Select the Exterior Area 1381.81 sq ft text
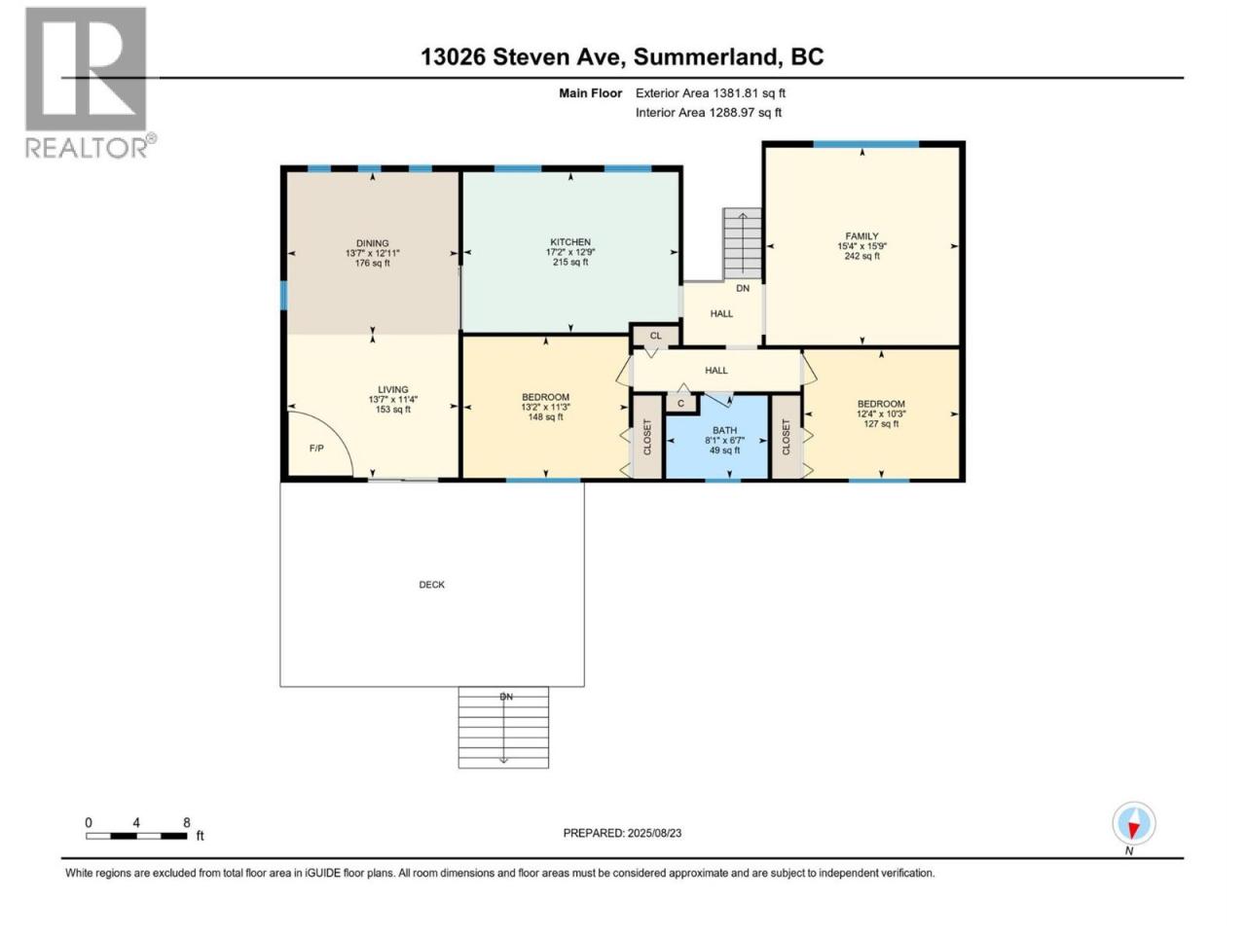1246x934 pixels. [x=711, y=93]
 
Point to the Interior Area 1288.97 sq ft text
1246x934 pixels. [x=708, y=112]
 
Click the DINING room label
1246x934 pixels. [x=373, y=243]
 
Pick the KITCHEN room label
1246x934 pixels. [x=569, y=242]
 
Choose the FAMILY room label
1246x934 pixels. [x=861, y=235]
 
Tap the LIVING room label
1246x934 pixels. [x=393, y=389]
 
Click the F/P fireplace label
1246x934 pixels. [x=316, y=448]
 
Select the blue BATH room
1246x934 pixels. [x=716, y=437]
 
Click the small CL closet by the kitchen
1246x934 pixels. [x=655, y=335]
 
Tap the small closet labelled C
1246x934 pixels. [x=680, y=403]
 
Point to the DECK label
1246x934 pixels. [x=431, y=584]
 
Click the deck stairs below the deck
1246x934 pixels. [x=503, y=727]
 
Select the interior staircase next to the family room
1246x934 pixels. [x=742, y=244]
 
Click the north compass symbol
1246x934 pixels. [x=1133, y=823]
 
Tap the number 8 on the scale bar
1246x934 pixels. [x=186, y=822]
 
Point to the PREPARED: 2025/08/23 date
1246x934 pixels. [x=622, y=833]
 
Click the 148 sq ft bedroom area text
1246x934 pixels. [x=545, y=416]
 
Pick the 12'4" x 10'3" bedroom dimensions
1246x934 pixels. [x=880, y=413]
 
